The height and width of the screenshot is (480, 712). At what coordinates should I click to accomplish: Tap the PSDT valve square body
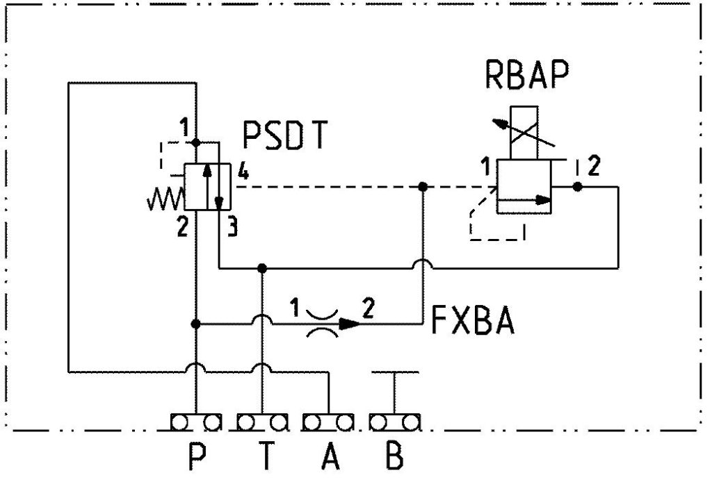click(x=207, y=186)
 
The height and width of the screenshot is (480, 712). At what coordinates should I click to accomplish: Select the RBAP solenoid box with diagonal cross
click(x=524, y=133)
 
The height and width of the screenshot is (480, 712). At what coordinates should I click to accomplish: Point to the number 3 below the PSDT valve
click(x=233, y=227)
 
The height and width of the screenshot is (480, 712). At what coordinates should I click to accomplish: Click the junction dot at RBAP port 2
click(x=576, y=187)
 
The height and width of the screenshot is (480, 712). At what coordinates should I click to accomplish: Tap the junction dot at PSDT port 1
click(x=197, y=143)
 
